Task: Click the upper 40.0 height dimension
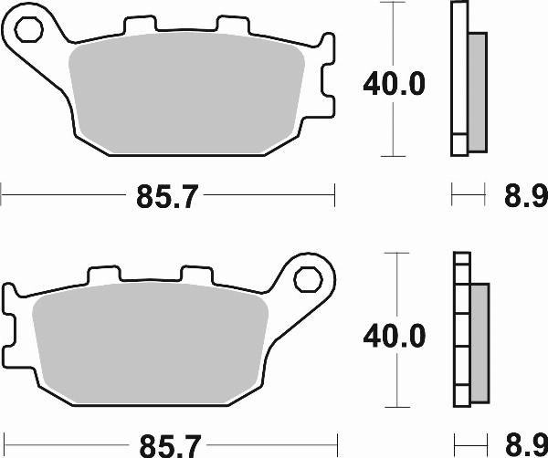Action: pos(394,85)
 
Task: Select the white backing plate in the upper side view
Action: pos(458,78)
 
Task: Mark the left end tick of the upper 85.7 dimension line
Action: pos(3,193)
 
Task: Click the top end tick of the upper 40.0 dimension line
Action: pos(393,3)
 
